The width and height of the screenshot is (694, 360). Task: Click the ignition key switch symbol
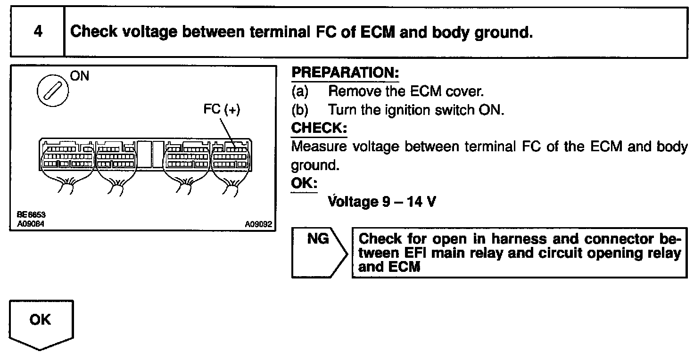click(50, 90)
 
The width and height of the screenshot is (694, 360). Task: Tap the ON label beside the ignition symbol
click(79, 76)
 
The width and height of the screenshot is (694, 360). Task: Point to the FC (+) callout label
click(222, 109)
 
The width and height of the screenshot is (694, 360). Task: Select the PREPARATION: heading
click(345, 73)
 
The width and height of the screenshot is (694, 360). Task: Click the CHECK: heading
click(319, 128)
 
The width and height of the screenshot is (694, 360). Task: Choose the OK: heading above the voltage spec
click(305, 183)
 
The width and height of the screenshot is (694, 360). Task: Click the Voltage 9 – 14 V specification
click(382, 202)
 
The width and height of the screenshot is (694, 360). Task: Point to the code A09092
click(258, 224)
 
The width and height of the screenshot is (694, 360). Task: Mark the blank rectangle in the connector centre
click(151, 154)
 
